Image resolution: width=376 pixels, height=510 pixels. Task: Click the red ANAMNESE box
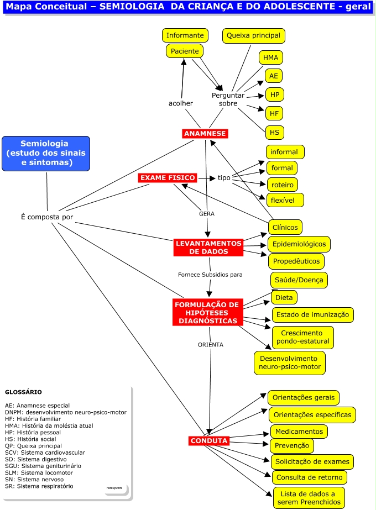point(205,133)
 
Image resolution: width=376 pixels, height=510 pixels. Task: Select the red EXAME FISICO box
point(168,178)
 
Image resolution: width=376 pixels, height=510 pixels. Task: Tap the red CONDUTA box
point(208,440)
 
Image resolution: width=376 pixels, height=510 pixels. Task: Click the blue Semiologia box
point(46,153)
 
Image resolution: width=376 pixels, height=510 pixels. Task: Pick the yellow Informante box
point(185,35)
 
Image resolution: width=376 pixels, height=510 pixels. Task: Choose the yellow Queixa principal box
point(254,36)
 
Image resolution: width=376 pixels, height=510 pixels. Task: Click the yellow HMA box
point(270,57)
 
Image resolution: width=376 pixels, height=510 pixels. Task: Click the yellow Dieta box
point(284,297)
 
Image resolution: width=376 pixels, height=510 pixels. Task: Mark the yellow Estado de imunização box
point(312,315)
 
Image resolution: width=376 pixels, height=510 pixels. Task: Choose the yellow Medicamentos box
point(299,431)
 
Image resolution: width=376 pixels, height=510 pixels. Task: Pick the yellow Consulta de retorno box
point(309,477)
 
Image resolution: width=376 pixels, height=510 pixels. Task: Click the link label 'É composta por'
point(46,217)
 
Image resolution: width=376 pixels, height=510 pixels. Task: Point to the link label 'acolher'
point(181,103)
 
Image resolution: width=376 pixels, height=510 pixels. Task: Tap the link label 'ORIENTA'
point(211,344)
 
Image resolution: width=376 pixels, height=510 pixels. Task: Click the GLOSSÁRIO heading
point(23,392)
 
